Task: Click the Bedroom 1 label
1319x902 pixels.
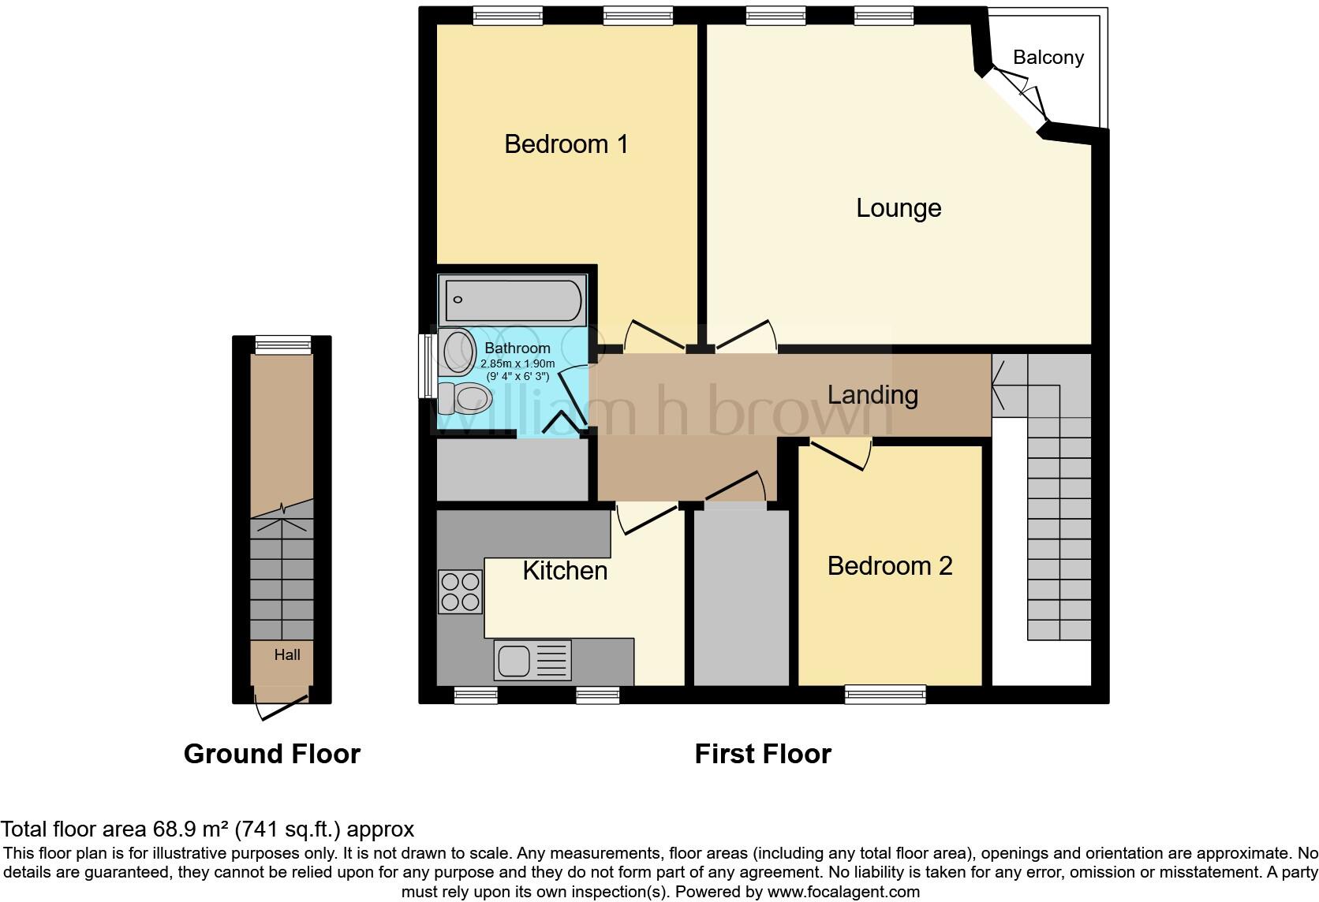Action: pos(566,144)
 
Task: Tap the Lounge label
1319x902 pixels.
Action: pos(899,208)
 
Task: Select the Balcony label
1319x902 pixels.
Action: pos(1048,58)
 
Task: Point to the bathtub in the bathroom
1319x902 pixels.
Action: pos(514,300)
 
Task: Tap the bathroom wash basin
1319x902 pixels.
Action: pos(457,352)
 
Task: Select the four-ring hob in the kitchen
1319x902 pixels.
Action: pos(460,591)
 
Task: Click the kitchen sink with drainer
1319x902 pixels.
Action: pos(532,659)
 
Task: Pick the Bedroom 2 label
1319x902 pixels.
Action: pos(889,566)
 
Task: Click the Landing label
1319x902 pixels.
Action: pos(872,394)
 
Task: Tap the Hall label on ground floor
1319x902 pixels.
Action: pos(287,654)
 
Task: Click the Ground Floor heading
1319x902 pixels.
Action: pos(271,754)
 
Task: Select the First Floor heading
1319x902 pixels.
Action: pos(762,754)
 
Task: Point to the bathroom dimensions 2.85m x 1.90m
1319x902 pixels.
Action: pos(518,364)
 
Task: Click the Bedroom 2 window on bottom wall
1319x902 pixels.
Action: pos(885,694)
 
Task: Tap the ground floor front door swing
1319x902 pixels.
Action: pos(282,707)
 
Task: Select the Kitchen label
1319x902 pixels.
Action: pos(565,571)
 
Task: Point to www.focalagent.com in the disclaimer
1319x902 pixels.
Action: pos(843,893)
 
